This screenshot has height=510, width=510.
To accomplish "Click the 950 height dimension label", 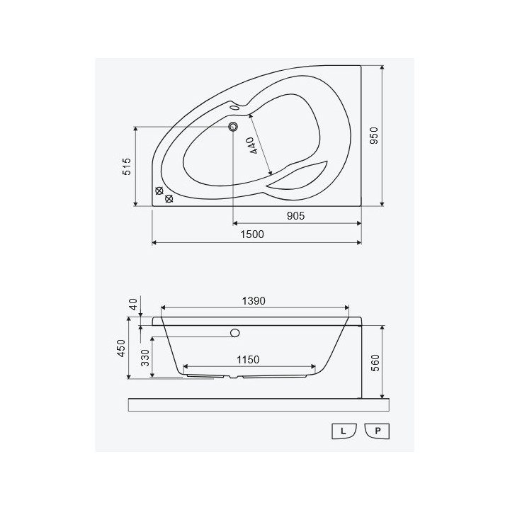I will [375, 136].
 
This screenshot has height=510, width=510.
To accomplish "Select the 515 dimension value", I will [127, 167].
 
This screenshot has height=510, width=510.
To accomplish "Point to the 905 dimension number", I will [296, 217].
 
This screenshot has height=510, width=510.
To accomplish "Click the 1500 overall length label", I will [252, 234].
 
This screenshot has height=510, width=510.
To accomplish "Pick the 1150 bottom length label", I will [247, 360].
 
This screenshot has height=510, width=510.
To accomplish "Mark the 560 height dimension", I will [375, 363].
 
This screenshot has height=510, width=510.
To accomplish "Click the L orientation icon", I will [344, 430].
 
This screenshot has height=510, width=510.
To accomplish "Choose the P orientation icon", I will [377, 430].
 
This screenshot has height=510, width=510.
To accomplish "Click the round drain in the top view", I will [232, 127].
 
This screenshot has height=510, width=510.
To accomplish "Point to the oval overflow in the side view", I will [235, 332].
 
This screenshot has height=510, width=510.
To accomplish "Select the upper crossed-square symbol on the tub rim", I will [159, 191].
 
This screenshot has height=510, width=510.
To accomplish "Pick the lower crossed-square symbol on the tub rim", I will [169, 199].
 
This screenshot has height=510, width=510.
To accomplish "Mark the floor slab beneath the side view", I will [259, 404].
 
